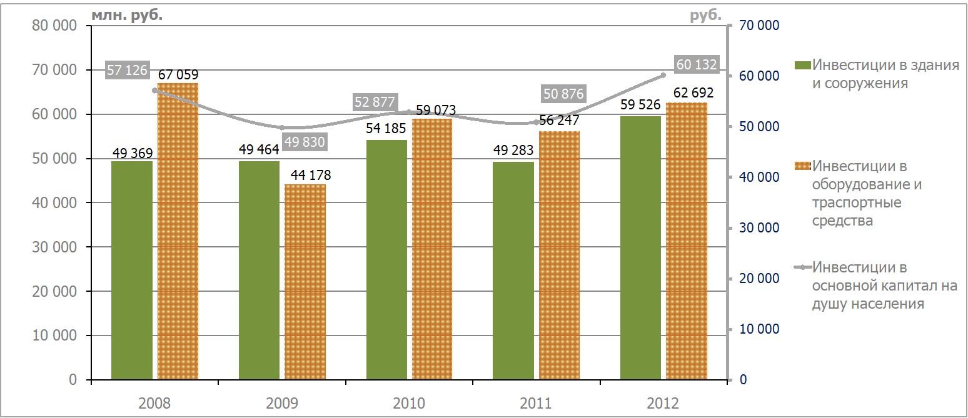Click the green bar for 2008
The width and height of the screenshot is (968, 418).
(132, 271)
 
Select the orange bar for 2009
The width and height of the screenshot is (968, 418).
(305, 282)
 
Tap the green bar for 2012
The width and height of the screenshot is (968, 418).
(640, 248)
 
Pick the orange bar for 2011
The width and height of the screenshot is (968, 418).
(559, 255)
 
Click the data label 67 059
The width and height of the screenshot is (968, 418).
(178, 75)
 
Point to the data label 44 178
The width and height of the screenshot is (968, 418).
(311, 175)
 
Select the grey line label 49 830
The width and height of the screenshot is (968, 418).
(305, 142)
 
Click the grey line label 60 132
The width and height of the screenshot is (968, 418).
(697, 64)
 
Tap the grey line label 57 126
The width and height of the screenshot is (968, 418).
(127, 69)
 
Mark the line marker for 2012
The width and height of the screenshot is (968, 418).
(663, 75)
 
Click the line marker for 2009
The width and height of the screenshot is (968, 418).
(282, 127)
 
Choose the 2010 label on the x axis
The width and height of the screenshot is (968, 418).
(409, 404)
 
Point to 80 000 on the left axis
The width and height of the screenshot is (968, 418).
(54, 25)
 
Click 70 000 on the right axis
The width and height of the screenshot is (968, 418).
(759, 25)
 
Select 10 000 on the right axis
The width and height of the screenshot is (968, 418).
(759, 329)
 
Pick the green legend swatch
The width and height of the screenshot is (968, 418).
(802, 65)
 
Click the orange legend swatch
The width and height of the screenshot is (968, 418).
(802, 166)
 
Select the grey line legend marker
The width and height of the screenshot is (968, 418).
(803, 267)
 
